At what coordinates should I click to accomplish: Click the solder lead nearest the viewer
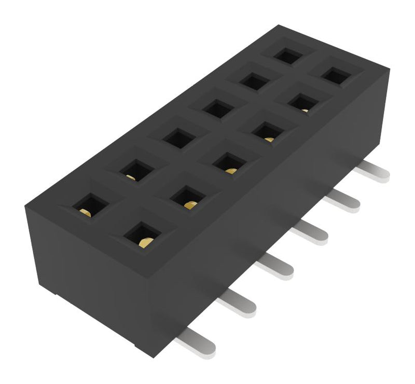(x=195, y=343)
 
